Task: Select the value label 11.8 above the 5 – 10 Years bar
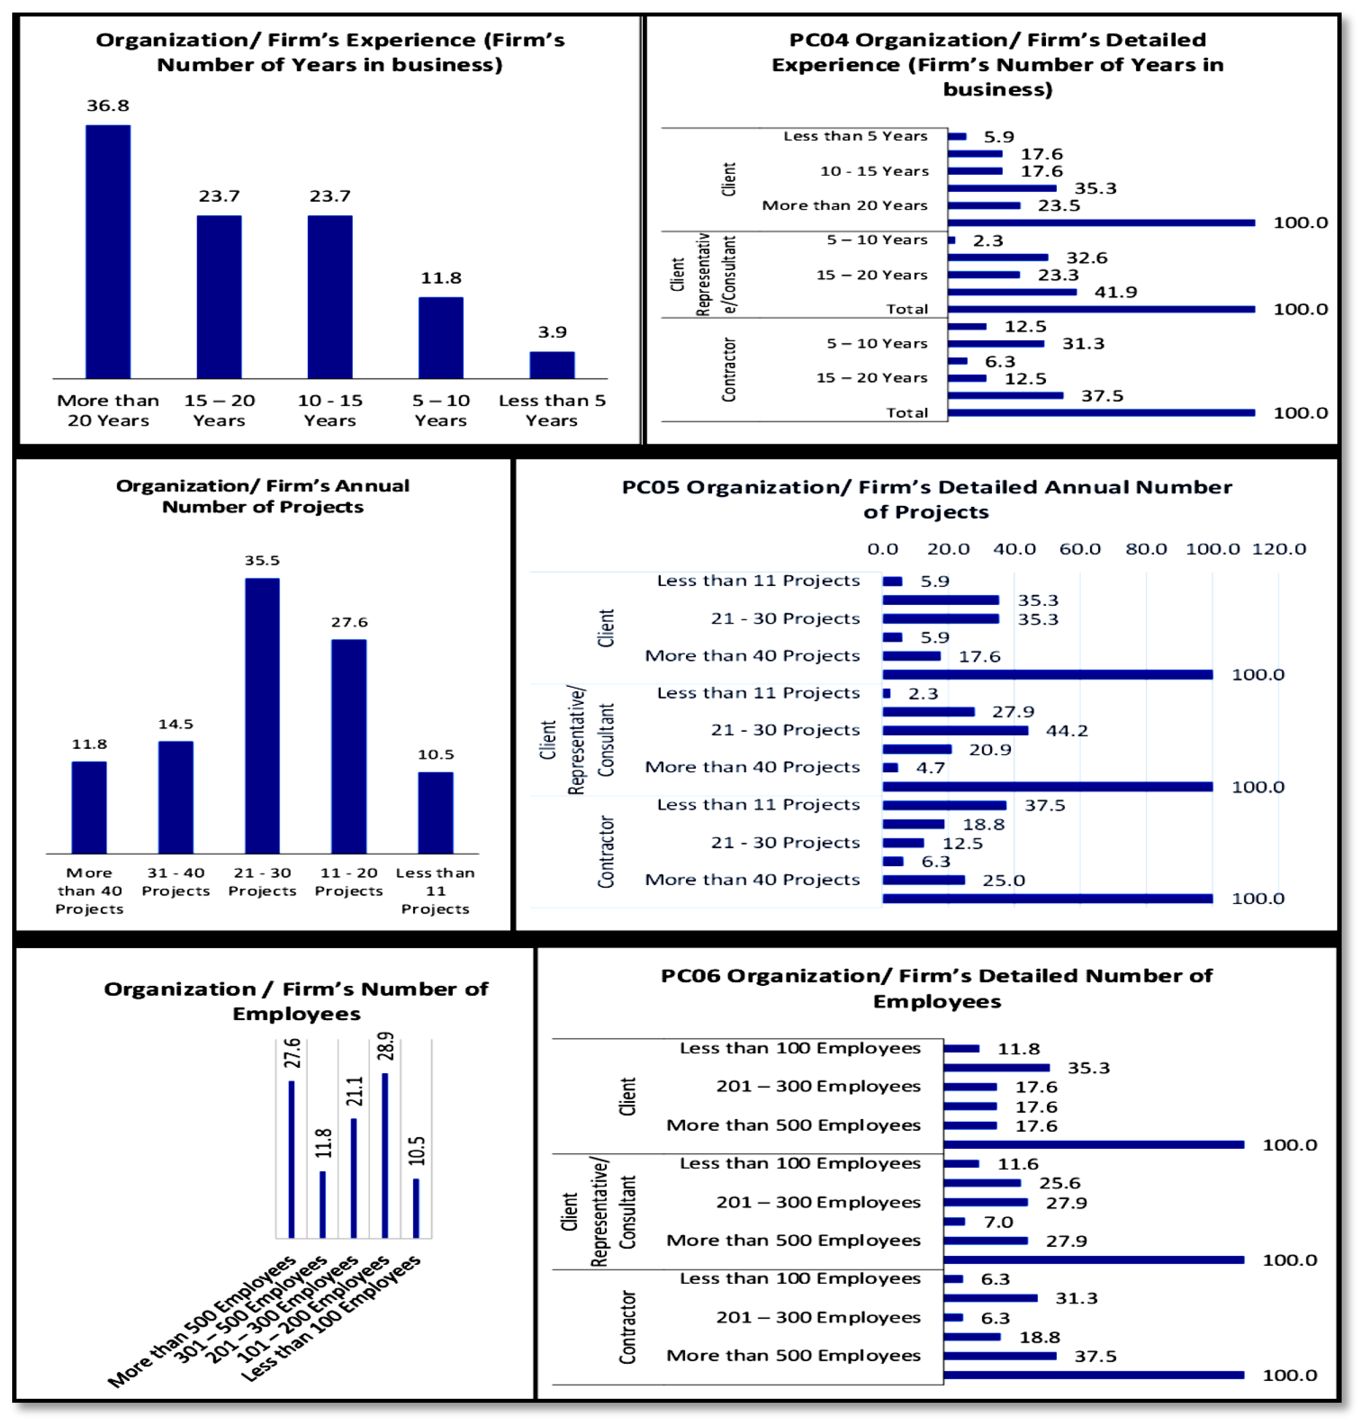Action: [x=441, y=278]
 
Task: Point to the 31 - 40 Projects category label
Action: [x=176, y=882]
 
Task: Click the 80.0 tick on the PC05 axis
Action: [x=1146, y=549]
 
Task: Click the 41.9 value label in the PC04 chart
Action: [x=1115, y=292]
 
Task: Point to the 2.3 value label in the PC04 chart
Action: [x=988, y=241]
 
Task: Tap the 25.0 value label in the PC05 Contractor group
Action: [x=1003, y=880]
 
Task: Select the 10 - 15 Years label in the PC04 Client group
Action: [x=874, y=171]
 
